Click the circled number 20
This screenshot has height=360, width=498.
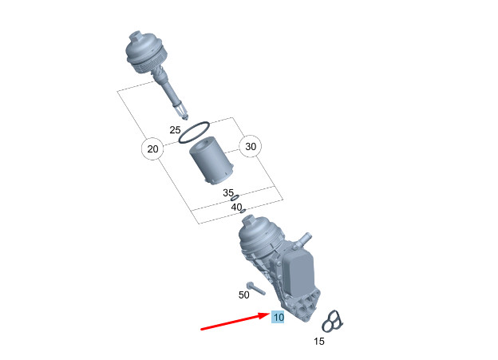pyautogui.click(x=152, y=148)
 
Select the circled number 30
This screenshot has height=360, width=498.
pyautogui.click(x=251, y=147)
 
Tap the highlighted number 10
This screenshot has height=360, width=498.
pyautogui.click(x=278, y=317)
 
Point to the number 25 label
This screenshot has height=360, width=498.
pyautogui.click(x=175, y=129)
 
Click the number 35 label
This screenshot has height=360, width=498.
pyautogui.click(x=228, y=193)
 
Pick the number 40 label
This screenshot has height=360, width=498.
pyautogui.click(x=236, y=207)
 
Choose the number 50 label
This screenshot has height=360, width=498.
pyautogui.click(x=244, y=295)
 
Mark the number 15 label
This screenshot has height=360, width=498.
pyautogui.click(x=319, y=342)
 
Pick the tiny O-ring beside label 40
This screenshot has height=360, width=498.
pyautogui.click(x=243, y=211)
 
